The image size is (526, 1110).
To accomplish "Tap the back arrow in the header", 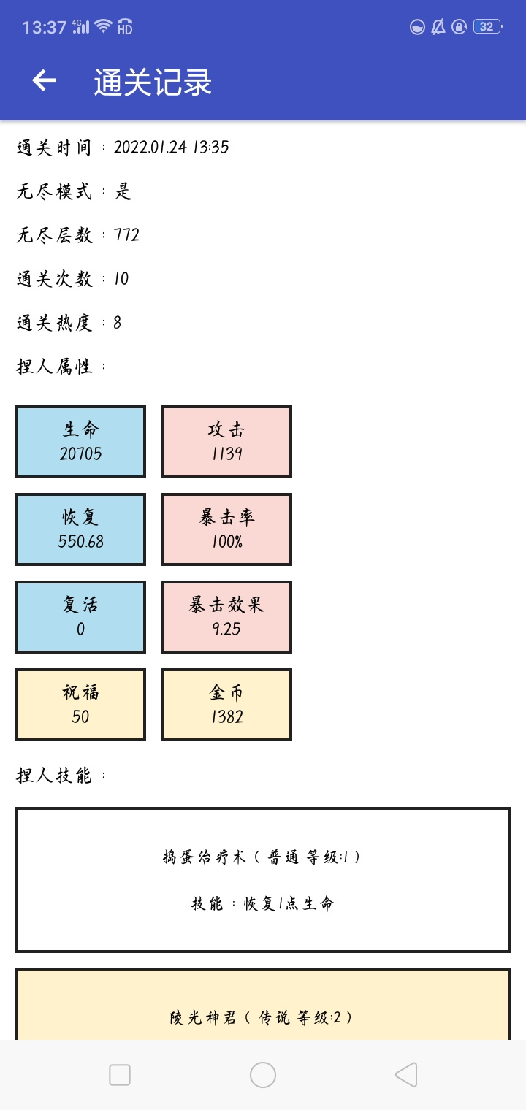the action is (44, 81).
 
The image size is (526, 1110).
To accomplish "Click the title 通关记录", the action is (153, 82).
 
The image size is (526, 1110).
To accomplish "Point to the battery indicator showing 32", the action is (488, 27).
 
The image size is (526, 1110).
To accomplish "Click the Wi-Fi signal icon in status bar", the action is (103, 26).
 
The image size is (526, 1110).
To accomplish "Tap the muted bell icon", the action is (438, 27).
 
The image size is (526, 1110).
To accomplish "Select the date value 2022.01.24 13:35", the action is (171, 148).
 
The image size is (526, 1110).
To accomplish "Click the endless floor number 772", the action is (126, 235).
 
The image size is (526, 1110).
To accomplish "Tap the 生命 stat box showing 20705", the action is (80, 442).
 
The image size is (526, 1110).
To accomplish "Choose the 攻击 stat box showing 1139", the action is (226, 442).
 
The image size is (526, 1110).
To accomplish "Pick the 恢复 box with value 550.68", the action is (80, 529).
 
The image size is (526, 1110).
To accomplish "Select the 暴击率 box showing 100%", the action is (226, 529).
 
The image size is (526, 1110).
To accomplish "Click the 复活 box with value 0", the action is (80, 617).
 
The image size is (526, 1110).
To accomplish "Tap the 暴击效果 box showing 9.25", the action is (226, 617).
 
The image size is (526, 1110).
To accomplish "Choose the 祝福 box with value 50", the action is (80, 705).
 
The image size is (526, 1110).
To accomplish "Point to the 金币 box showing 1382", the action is (226, 705).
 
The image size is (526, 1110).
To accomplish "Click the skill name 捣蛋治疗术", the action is (205, 857).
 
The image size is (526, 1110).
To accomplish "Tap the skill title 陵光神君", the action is (203, 1017).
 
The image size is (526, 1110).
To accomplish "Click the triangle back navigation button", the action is (406, 1075).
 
